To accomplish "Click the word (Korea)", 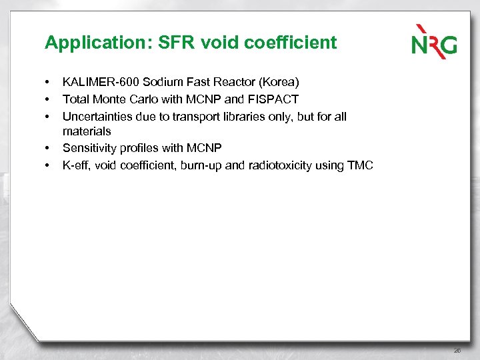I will pos(279,83).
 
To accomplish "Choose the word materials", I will pos(87,131).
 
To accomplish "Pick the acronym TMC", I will pos(361,165).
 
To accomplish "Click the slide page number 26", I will pos(457,350).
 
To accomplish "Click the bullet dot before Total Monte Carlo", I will pos(48,99).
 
